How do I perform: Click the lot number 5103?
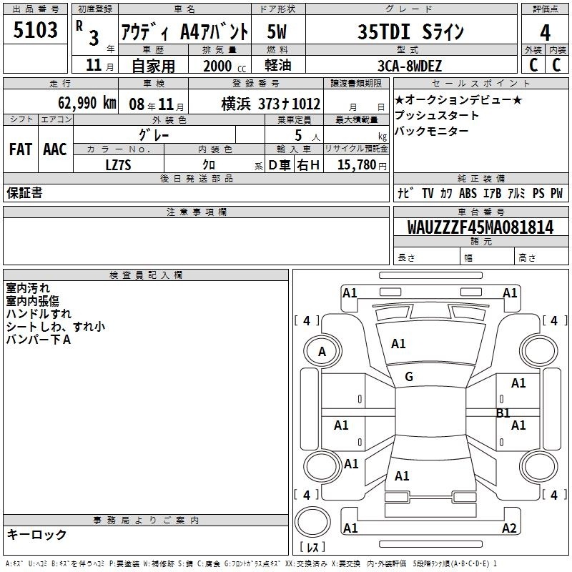point(35,30)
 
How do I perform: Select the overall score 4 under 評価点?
point(545,33)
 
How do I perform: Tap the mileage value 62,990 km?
point(87,103)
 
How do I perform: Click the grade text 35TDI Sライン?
point(410,31)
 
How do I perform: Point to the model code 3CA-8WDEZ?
point(410,66)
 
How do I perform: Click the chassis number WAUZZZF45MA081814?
point(480,227)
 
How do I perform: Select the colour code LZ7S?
point(118,165)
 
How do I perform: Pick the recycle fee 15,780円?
point(362,165)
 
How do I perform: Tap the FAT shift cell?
point(21,149)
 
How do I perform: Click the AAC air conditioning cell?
point(55,149)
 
